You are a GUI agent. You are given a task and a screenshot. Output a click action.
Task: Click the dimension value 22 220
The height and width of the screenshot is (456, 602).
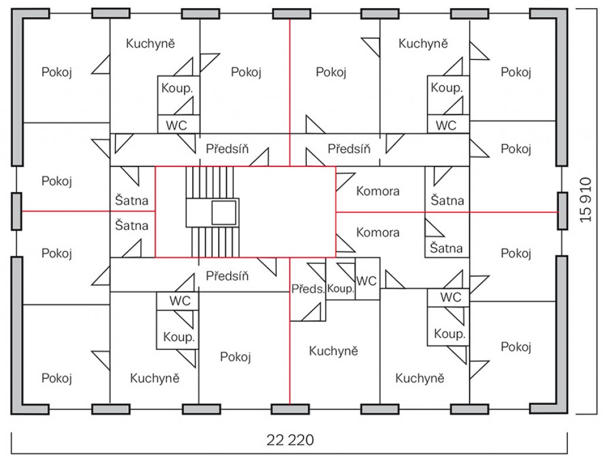tap(290, 440)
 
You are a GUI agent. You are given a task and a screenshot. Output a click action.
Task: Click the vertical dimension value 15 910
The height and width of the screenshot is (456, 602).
tap(586, 199)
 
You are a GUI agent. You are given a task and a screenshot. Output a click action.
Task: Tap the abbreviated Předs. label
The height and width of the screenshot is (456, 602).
tap(308, 289)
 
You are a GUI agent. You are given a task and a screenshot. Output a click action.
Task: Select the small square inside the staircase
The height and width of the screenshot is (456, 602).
tap(224, 212)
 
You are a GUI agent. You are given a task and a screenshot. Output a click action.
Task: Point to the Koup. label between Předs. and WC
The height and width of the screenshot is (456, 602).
tap(340, 289)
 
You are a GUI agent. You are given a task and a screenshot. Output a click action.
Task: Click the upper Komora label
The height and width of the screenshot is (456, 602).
tap(378, 191)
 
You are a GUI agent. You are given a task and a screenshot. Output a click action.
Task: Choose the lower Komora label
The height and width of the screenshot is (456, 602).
tap(378, 232)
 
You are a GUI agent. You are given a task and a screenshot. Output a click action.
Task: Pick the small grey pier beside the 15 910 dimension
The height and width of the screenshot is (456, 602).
tap(563, 211)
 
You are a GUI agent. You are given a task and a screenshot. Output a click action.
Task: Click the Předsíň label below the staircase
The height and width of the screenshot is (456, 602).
tap(228, 276)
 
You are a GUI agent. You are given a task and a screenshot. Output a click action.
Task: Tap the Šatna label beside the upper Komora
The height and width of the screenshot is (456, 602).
tap(447, 200)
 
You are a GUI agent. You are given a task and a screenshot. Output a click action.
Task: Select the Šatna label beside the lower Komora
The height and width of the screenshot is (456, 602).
tap(446, 248)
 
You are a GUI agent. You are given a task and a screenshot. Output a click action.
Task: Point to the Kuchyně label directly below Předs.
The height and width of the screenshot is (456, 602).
tap(333, 351)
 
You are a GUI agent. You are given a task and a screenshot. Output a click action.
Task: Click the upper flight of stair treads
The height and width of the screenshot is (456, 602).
tap(210, 182)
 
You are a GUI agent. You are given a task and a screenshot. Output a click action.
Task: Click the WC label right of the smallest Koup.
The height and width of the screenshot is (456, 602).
tap(366, 281)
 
